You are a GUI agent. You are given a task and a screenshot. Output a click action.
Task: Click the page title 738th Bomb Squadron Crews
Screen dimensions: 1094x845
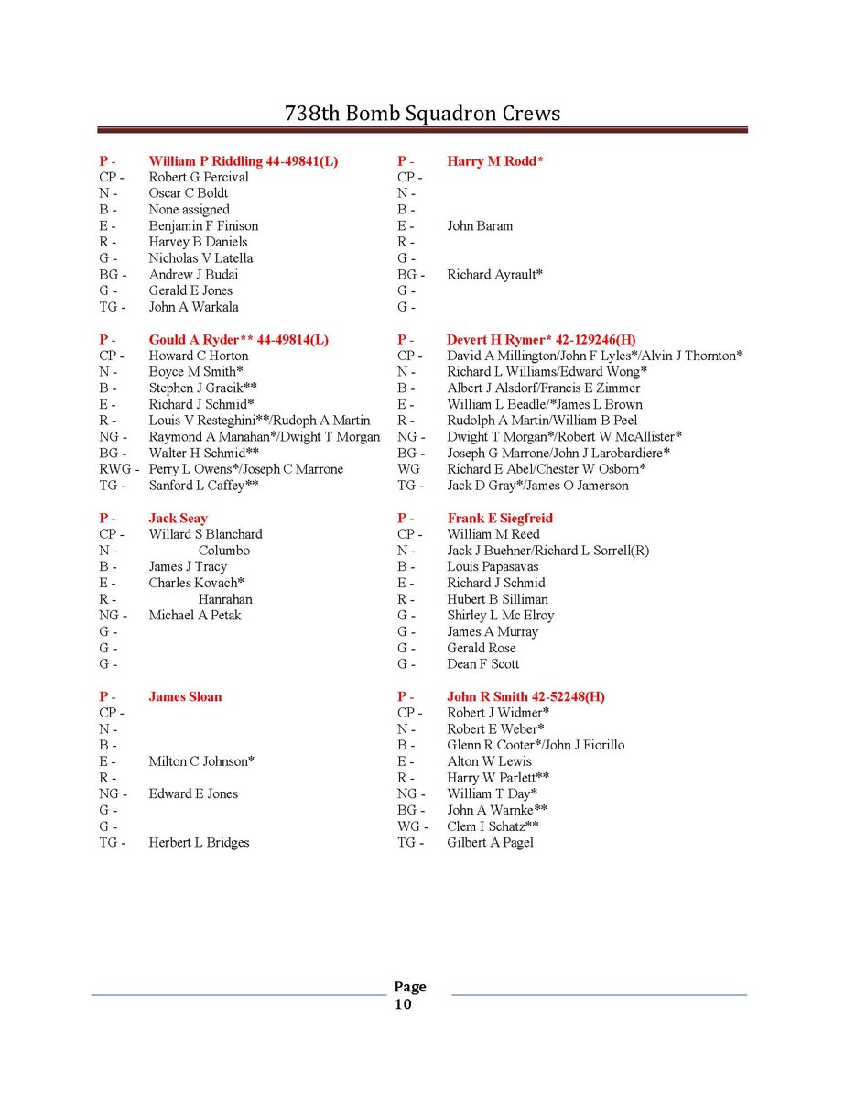coord(422,114)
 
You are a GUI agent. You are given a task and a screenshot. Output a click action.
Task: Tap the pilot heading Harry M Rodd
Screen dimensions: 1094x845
coord(494,161)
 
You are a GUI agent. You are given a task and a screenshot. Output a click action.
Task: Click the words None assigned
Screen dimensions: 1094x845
coord(190,210)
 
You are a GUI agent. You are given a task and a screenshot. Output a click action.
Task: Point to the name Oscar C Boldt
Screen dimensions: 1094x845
coord(189,193)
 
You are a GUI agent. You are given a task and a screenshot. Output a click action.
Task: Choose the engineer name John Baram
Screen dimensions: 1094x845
coord(480,226)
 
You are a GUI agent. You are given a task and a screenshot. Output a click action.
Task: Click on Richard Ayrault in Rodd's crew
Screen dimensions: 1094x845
coord(494,275)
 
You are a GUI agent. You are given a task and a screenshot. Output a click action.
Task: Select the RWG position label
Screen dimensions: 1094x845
coord(117,469)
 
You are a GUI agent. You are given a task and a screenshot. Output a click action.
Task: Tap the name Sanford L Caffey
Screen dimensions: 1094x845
coord(203,486)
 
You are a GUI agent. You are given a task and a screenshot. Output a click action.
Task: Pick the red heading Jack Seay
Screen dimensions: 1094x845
coord(179,519)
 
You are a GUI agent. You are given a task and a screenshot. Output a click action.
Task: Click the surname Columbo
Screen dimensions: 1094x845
coord(224,551)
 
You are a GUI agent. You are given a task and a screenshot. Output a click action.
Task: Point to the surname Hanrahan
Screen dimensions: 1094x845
coord(225,599)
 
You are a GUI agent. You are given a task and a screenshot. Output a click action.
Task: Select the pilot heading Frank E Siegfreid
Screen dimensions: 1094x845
coord(500,519)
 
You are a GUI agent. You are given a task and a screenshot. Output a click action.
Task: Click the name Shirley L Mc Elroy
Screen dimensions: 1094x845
coord(500,616)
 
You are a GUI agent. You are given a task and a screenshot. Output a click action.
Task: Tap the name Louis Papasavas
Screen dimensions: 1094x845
coord(493,567)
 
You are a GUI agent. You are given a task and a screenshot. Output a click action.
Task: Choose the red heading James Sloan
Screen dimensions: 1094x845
coord(185,697)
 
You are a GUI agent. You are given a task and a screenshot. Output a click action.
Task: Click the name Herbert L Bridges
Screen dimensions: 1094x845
coord(199,843)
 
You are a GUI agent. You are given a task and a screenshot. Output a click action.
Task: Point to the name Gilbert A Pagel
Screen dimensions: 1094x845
coord(490,843)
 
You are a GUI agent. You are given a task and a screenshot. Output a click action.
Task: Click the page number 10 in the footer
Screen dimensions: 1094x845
coord(403,1004)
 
